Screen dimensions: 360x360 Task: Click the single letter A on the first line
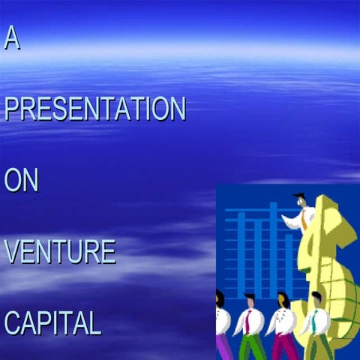11,38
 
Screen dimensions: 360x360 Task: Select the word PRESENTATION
94,109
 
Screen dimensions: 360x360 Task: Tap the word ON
21,181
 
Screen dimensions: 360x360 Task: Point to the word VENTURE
60,252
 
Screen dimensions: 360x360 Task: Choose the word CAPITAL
52,323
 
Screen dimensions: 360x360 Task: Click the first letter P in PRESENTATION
11,109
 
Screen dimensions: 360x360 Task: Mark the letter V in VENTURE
11,252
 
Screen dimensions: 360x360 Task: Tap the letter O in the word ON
13,181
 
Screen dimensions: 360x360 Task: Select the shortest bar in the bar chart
289,262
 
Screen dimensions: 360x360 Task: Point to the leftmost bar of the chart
241,255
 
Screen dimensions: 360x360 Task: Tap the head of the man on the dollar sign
300,200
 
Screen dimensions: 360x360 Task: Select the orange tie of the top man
304,219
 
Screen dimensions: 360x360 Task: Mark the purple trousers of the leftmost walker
220,346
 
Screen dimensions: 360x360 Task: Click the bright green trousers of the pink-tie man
250,347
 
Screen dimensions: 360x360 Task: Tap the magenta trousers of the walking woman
283,347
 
